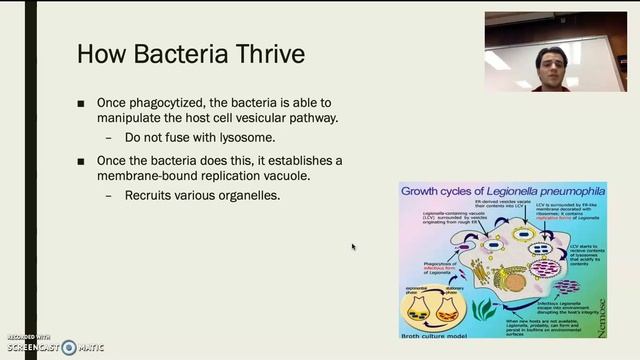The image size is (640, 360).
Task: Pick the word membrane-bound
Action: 145,176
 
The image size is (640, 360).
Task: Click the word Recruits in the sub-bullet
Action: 149,195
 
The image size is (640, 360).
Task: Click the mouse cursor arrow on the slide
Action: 353,246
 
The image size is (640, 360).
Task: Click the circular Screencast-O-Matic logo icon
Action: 68,347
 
